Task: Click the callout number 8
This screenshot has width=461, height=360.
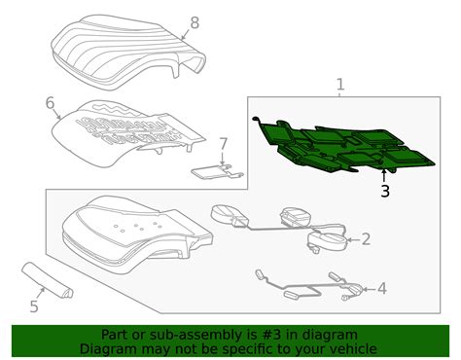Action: [x=195, y=23]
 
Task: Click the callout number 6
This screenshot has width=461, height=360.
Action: [x=50, y=103]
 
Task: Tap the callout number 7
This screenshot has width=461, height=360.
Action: [x=223, y=144]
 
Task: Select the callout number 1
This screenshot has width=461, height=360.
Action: [x=340, y=85]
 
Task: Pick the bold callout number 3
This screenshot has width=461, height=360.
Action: [x=385, y=191]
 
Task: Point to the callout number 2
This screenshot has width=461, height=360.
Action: [x=366, y=239]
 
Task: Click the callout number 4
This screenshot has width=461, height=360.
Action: [x=382, y=288]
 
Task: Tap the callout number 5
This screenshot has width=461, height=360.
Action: [x=34, y=306]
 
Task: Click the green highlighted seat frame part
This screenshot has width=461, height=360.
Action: [x=343, y=146]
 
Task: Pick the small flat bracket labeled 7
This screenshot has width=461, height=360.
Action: [x=216, y=172]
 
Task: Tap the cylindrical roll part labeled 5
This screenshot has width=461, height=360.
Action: [x=47, y=279]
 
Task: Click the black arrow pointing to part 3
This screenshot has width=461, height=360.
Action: [x=384, y=176]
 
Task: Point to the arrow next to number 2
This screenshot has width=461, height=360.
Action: [x=353, y=240]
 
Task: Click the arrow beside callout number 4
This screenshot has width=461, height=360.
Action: [x=369, y=289]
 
